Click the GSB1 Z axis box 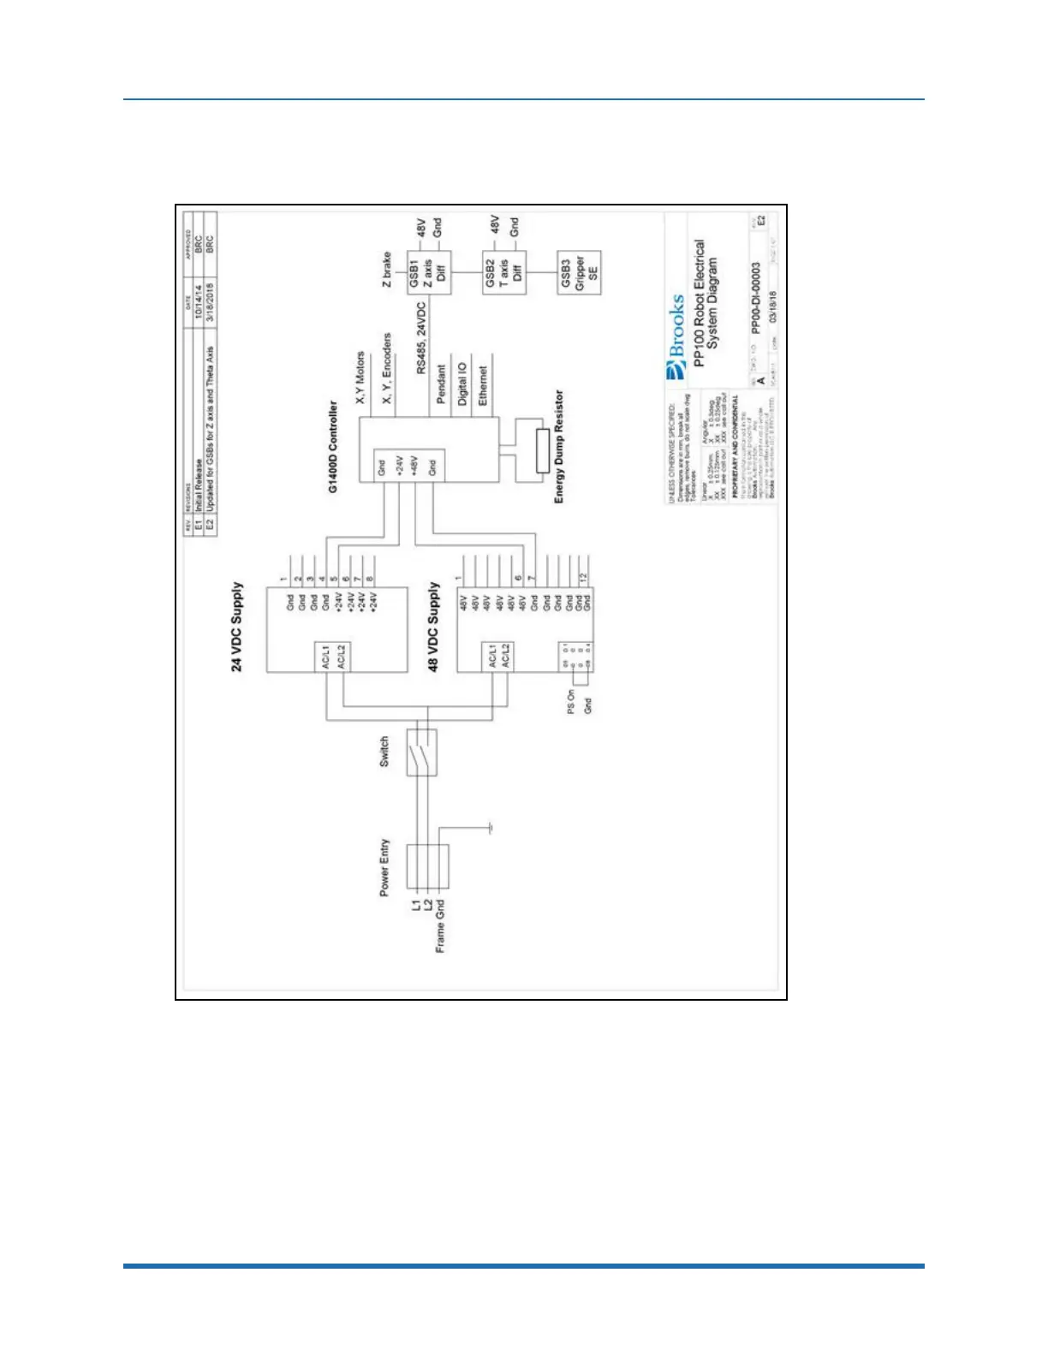(x=427, y=273)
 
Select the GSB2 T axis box (x=504, y=273)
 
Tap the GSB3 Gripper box (x=579, y=273)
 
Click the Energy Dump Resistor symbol (x=542, y=451)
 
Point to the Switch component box (x=421, y=752)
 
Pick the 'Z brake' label (x=386, y=269)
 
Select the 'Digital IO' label (x=462, y=384)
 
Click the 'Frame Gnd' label (x=440, y=925)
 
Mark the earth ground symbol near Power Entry (x=489, y=828)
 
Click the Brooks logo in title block (x=676, y=337)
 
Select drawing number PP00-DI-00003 (x=755, y=297)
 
